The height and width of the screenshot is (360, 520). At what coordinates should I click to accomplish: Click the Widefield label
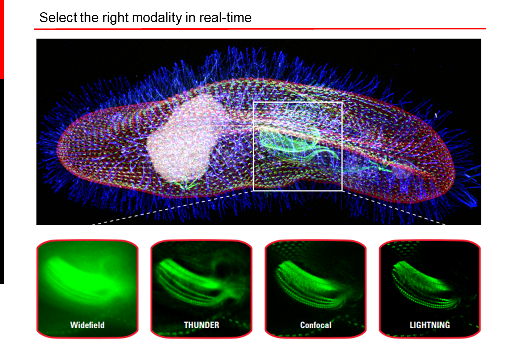(x=87, y=325)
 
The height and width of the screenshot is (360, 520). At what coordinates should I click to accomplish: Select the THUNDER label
(x=201, y=325)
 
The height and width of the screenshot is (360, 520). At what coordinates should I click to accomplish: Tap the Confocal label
(x=315, y=325)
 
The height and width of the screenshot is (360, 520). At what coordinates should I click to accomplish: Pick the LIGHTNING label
(x=430, y=325)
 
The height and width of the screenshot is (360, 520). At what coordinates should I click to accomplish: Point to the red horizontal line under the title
(x=260, y=29)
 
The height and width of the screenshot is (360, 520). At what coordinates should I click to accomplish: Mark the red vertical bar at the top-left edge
(x=1, y=40)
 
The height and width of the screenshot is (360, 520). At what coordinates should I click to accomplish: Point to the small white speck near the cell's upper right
(x=436, y=115)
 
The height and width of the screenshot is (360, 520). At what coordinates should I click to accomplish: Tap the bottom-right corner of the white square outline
(x=342, y=191)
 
